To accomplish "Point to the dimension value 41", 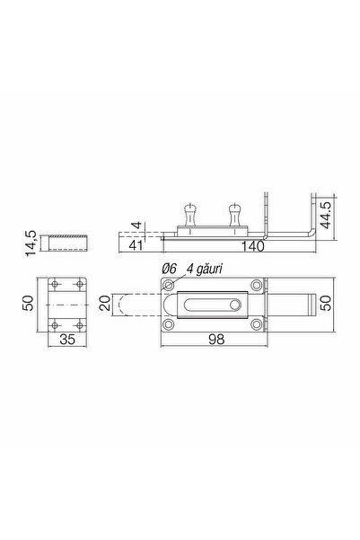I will tap(137, 244).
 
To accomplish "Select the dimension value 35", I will tap(67, 340).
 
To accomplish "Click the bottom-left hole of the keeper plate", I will tap(55, 323).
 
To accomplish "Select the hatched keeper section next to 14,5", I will tap(67, 242).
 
